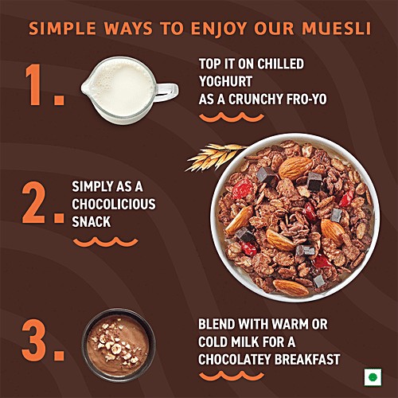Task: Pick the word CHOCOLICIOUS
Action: [113, 204]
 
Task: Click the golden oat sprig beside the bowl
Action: [213, 156]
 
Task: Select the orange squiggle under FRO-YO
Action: [231, 117]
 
